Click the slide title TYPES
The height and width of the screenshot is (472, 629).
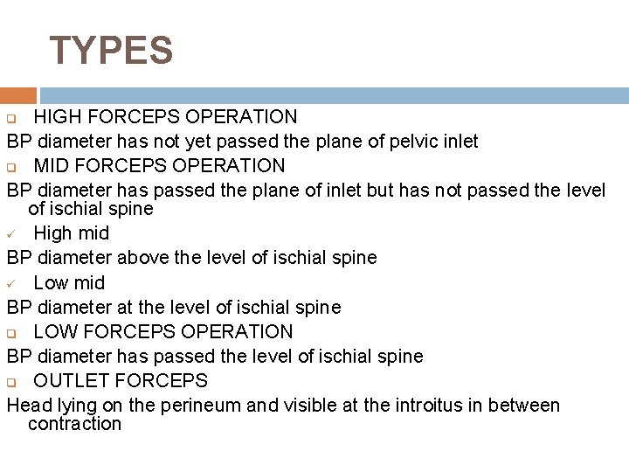click(x=111, y=51)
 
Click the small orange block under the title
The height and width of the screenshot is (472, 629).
click(x=18, y=95)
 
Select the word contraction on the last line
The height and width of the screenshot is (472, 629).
click(x=74, y=424)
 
